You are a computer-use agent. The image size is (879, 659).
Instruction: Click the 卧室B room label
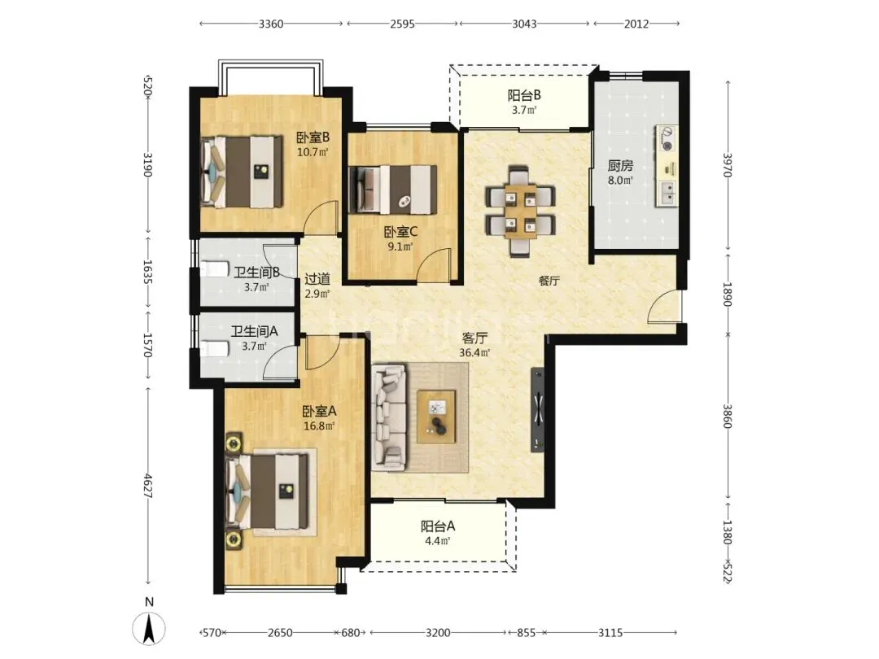point(313,137)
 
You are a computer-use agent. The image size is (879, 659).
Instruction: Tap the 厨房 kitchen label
point(620,166)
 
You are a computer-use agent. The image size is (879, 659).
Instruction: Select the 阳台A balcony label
point(438,526)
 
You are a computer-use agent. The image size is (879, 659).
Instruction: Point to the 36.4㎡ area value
point(474,352)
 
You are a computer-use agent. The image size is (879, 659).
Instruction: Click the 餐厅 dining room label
point(549,281)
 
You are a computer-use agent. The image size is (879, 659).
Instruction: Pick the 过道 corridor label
point(317,278)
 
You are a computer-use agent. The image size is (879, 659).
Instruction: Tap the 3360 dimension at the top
point(271,24)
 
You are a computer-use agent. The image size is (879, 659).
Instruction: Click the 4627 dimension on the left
point(147,485)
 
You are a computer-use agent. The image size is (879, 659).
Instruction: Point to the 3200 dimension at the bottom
point(438,633)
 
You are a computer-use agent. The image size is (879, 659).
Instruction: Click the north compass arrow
point(149,628)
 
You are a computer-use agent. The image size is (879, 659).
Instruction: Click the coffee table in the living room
point(436,417)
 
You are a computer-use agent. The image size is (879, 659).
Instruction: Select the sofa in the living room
point(389,417)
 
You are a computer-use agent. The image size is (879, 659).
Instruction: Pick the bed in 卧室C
point(393,190)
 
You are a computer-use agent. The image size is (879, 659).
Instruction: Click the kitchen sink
point(667,194)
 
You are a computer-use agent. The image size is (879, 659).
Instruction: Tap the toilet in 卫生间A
point(216,349)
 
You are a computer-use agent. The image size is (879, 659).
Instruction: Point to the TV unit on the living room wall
point(538,409)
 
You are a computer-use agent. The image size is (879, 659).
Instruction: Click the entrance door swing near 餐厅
point(665,307)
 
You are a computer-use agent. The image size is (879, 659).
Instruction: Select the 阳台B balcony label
point(524,95)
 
